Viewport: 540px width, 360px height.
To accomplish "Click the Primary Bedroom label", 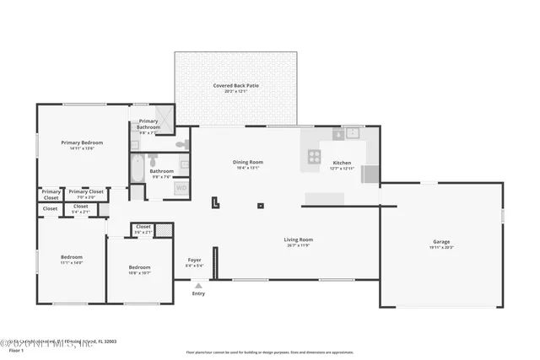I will point(81,143).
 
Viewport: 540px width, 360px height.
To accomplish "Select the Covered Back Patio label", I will point(236,87).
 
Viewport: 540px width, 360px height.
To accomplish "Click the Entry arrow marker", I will point(198,286).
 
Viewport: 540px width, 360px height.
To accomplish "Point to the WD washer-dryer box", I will point(181,189).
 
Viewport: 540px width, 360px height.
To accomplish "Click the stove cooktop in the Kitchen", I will point(314,155).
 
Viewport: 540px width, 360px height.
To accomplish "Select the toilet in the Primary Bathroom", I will point(181,145).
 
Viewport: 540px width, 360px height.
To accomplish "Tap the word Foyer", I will point(193,260).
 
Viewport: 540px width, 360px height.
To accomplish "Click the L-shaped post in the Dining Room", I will point(215,201).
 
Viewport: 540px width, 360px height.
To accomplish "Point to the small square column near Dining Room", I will point(260,206).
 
